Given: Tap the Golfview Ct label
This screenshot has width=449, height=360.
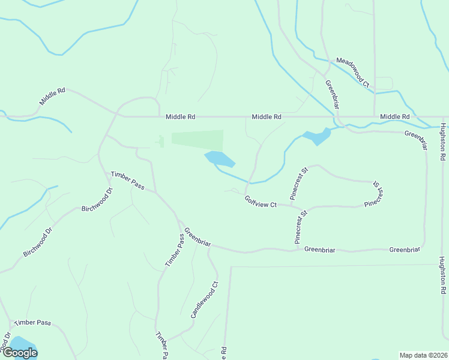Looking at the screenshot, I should coord(261,202).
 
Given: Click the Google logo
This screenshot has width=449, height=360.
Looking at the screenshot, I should coord(19,353).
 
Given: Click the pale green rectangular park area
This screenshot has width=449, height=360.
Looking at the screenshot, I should coord(197,139).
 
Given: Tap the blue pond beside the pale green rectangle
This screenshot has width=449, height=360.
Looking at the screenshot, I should coord(220,159).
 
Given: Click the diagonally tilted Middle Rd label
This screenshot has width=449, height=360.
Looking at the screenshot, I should coord(52,97).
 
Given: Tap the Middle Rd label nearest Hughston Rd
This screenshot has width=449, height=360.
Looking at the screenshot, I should coord(395,116).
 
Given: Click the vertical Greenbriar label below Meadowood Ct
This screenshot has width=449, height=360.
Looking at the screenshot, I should coord(333,94).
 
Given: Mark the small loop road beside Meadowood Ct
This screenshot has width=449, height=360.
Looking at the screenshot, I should coord(384,83).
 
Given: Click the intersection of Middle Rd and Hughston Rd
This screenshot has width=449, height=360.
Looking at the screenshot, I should coord(443,117).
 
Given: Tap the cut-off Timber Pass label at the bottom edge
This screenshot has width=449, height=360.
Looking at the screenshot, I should coord(161,346).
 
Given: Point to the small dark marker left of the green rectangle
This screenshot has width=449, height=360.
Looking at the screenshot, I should coord(160,142).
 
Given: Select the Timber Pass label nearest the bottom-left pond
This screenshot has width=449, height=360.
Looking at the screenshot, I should coord(33,322).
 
